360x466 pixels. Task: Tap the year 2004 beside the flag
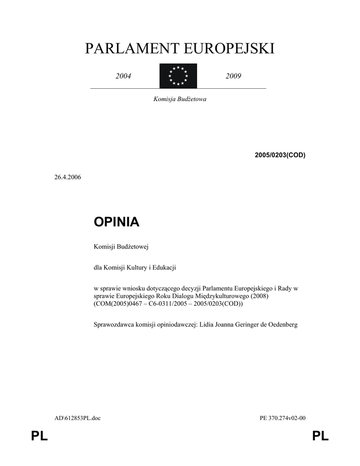pos(123,76)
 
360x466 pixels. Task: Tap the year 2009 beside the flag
pos(233,76)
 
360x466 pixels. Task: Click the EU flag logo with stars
pos(178,76)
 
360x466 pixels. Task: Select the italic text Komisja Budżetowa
pos(180,99)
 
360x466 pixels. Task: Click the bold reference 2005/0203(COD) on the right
pos(280,155)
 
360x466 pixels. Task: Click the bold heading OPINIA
pos(116,222)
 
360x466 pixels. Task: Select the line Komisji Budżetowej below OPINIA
pos(118,247)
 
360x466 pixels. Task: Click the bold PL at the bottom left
pos(40,437)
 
